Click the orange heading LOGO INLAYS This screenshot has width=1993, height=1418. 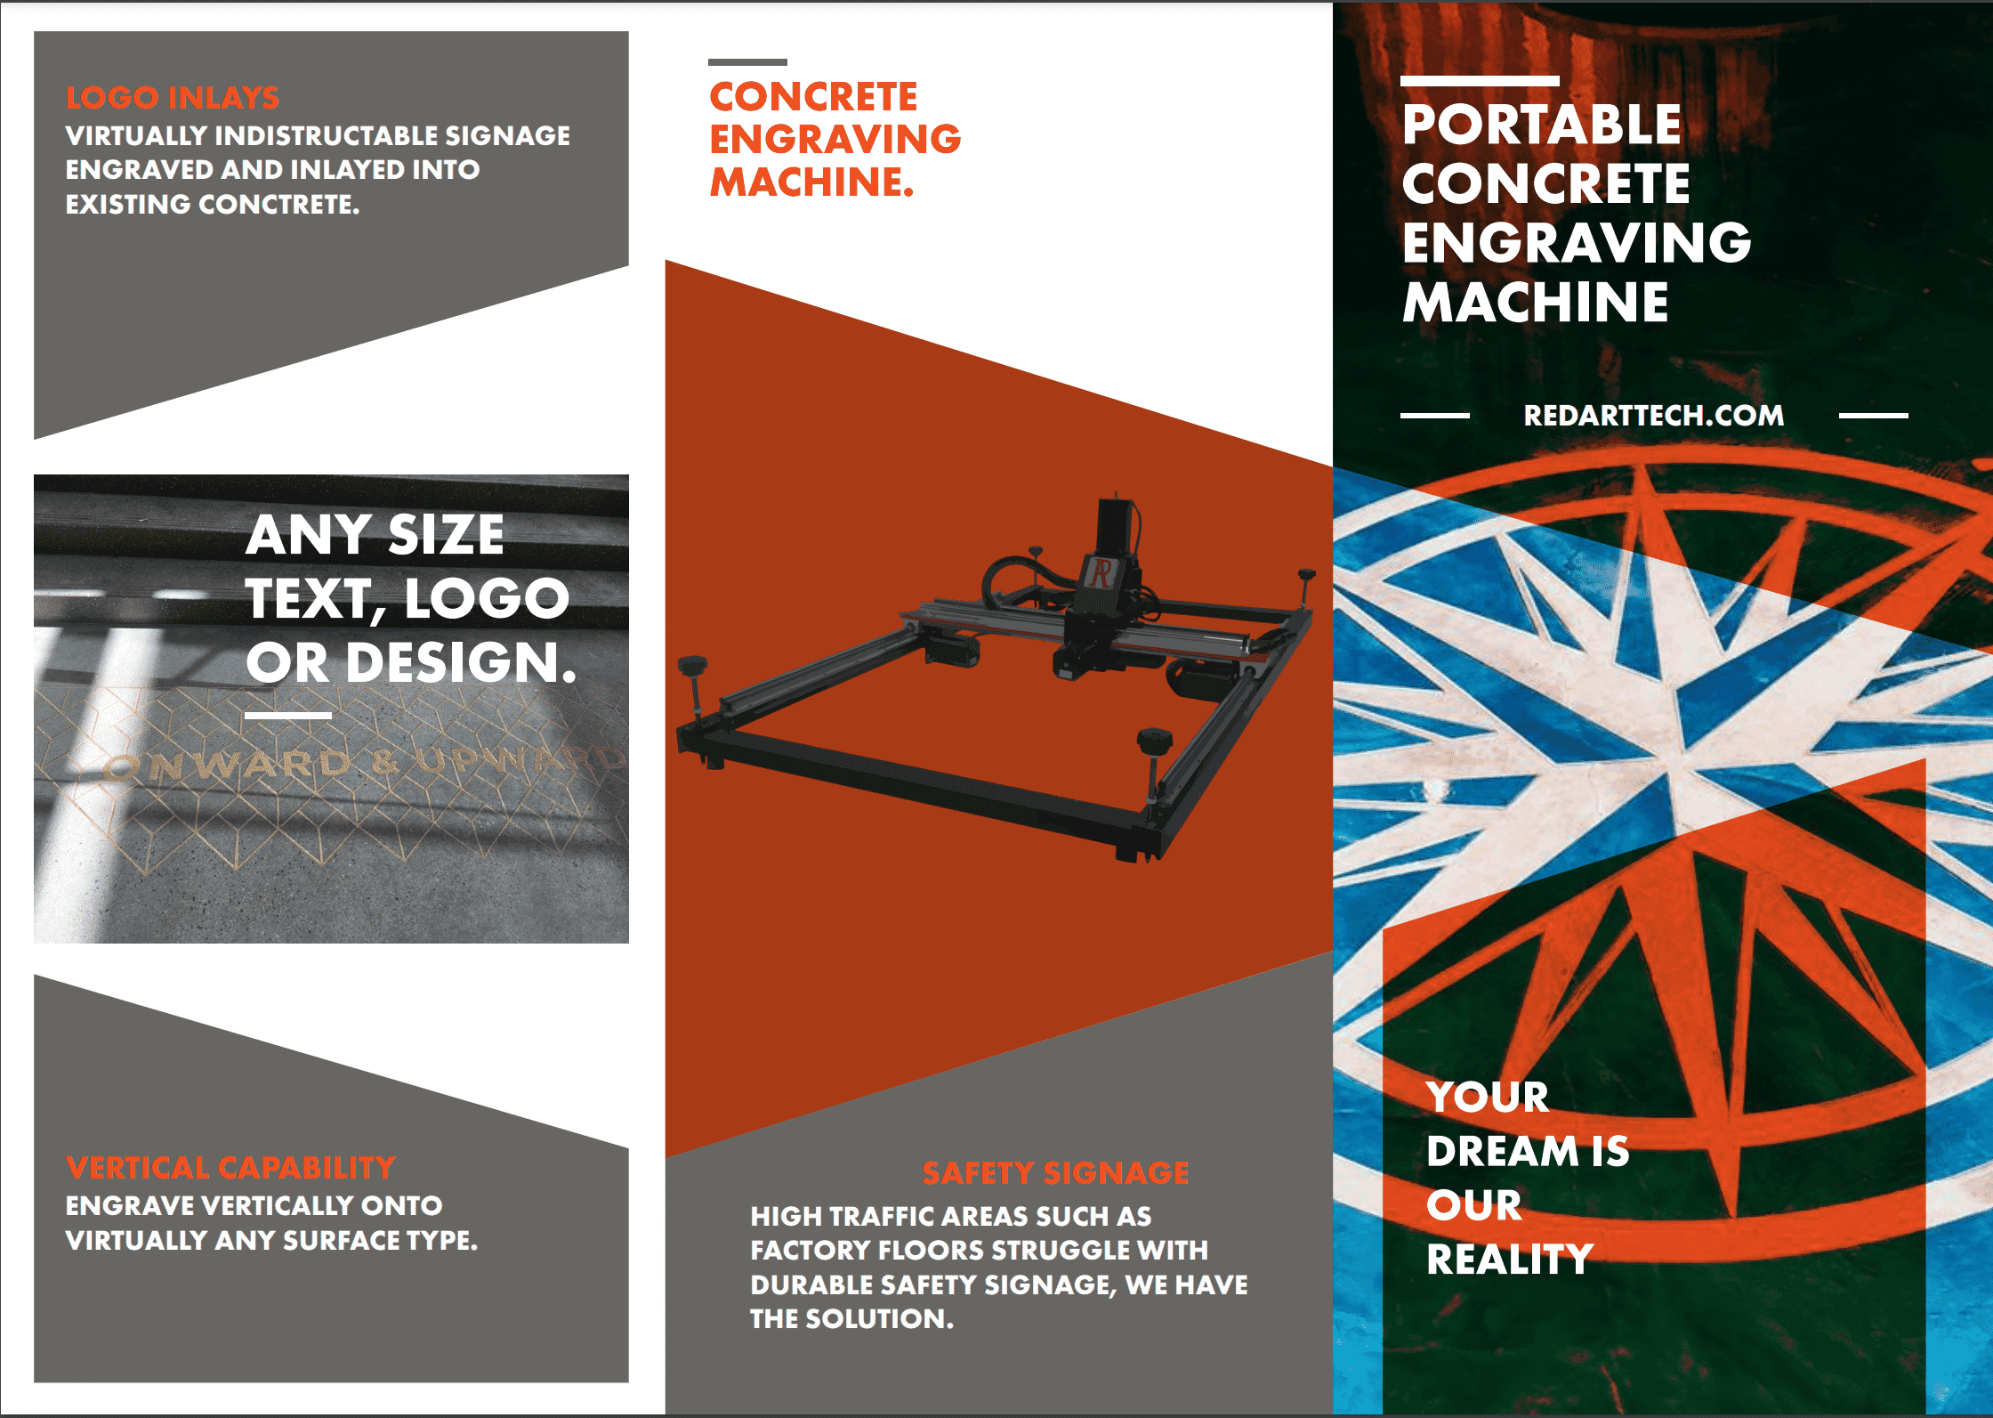point(173,97)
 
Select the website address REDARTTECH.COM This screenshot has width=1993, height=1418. point(1654,416)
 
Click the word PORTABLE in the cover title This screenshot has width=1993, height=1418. point(1542,124)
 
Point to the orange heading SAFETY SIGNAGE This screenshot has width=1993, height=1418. point(1055,1172)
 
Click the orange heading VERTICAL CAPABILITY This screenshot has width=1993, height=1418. point(230,1167)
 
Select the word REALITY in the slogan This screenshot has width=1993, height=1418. point(1510,1259)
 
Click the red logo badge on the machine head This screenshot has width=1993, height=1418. point(1101,572)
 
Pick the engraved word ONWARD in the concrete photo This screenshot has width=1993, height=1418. point(227,765)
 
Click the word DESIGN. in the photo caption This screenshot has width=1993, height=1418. point(461,662)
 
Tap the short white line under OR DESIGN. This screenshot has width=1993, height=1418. point(288,715)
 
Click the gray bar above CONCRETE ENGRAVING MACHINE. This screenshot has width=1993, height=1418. point(747,62)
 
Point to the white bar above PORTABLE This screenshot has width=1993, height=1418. point(1480,81)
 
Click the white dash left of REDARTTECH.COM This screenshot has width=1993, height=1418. point(1435,415)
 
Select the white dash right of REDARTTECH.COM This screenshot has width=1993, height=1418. point(1873,415)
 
